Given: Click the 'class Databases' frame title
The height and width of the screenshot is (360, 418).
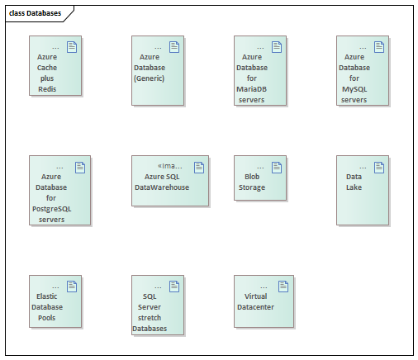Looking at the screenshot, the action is [x=35, y=13].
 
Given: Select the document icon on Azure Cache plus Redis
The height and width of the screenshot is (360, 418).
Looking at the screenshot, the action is [x=72, y=47].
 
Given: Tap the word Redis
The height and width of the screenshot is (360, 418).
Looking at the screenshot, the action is [x=47, y=89].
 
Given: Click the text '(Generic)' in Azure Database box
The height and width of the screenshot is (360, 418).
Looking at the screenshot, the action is [x=150, y=78].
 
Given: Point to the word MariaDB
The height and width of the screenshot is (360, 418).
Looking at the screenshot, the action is [x=251, y=89].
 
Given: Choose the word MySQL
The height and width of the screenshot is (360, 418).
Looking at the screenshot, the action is [x=354, y=89].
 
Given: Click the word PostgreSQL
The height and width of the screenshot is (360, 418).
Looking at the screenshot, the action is [x=52, y=209].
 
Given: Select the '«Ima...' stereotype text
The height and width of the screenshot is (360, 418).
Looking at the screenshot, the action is [x=170, y=166].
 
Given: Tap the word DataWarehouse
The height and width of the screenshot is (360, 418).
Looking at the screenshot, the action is [x=162, y=187].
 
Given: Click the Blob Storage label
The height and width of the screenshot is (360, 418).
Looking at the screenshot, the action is [x=252, y=182].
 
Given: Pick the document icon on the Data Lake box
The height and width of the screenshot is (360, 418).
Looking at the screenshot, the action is [x=379, y=168].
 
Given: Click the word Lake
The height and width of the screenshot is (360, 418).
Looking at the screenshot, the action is [x=354, y=187].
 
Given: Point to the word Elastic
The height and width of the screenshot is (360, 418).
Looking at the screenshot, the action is [x=47, y=296].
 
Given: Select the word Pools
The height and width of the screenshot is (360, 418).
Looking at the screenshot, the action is [x=47, y=318].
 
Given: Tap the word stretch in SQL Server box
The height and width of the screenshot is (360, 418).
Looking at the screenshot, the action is [x=150, y=318].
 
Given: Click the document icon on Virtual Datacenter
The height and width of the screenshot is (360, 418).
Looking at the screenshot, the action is [x=283, y=287].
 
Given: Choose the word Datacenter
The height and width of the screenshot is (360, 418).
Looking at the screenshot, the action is [x=255, y=307].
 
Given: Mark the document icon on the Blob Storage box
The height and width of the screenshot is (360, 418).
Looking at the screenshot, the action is [x=277, y=168].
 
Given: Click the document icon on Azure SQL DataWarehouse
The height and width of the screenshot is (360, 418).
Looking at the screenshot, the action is [x=199, y=168].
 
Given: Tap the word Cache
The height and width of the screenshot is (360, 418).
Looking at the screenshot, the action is [x=47, y=68].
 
